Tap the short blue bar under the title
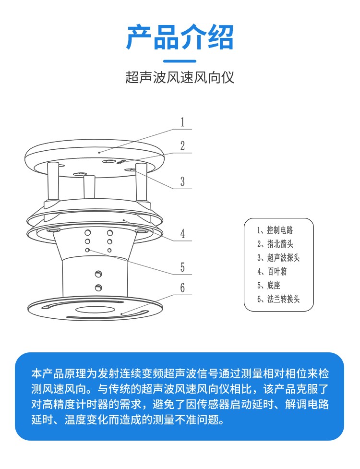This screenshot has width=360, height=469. point(180,61)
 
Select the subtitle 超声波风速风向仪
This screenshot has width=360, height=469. point(180,78)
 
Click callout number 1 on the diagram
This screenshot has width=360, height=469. point(182,122)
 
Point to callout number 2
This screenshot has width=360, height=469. point(182,146)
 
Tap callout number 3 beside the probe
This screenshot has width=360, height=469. point(182,181)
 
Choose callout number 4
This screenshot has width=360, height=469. point(182,234)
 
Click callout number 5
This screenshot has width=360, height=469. point(182,267)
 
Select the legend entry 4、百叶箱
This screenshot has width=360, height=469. point(272,271)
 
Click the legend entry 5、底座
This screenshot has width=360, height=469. point(268,285)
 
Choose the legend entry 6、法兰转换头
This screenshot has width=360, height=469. point(278,299)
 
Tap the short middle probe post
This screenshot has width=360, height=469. point(88,187)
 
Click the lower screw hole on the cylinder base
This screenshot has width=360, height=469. point(98,288)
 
